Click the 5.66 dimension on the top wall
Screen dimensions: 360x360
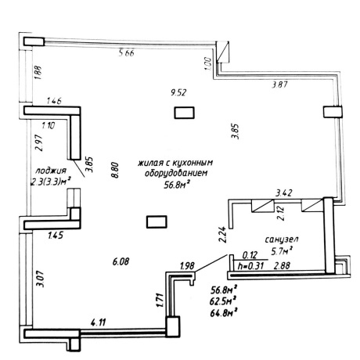[126, 53]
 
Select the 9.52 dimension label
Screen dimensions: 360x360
[178, 92]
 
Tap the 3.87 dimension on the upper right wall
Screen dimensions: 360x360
[279, 85]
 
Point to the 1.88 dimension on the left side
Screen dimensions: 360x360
[38, 73]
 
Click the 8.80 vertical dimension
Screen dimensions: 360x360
[115, 170]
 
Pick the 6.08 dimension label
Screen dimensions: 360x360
[121, 261]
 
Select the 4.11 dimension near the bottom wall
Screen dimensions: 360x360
[99, 322]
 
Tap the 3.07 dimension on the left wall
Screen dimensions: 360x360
[41, 279]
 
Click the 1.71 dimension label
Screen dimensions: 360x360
[160, 301]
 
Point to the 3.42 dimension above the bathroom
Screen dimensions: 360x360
[284, 193]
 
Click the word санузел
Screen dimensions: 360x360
[282, 239]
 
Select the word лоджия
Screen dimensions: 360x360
[51, 171]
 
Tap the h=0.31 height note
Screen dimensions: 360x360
[251, 266]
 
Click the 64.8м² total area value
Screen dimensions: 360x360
[224, 312]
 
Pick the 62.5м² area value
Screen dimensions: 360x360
[223, 301]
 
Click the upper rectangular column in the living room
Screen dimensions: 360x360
[184, 113]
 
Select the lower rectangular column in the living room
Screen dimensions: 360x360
[157, 221]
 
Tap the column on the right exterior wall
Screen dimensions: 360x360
[333, 112]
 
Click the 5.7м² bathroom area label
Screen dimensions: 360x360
[282, 251]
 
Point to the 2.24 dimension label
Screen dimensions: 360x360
[222, 236]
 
